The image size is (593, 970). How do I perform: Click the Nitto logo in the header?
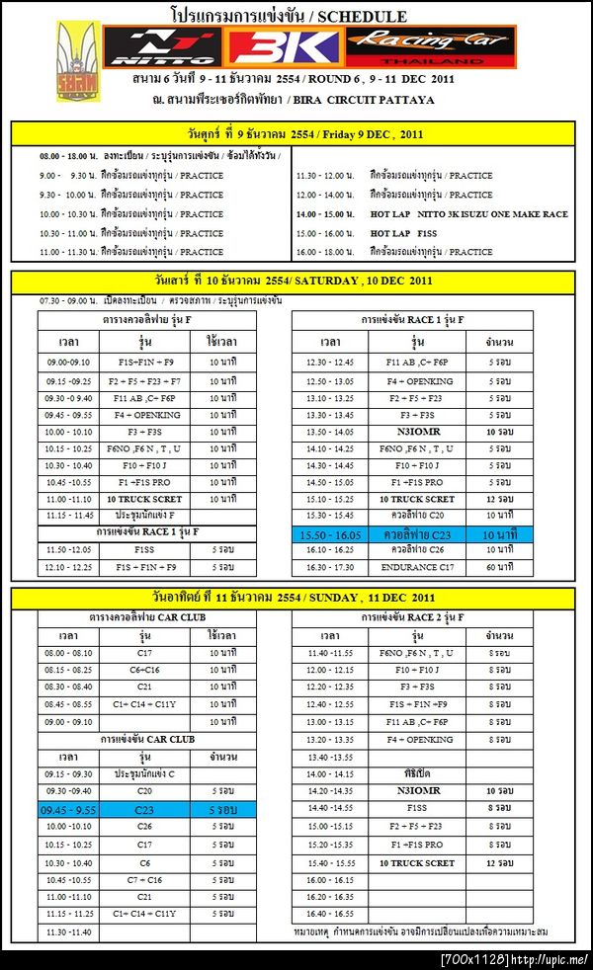[x=163, y=45]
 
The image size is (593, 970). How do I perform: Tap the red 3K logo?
[x=285, y=46]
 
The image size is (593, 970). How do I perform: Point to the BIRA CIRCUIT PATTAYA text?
[x=388, y=99]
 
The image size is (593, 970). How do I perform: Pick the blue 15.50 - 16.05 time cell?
[x=330, y=533]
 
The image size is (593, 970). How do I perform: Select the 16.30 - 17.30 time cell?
[x=330, y=567]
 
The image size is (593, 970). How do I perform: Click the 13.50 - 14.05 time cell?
[x=330, y=432]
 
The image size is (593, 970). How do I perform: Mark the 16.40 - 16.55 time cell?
[x=330, y=915]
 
